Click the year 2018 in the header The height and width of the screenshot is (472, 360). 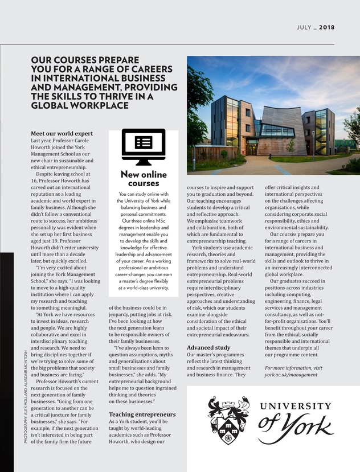326,27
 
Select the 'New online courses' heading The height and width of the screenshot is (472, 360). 143,179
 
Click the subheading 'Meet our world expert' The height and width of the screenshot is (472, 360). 62,134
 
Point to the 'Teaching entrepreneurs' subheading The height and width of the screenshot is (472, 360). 142,414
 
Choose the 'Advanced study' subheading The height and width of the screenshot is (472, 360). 208,347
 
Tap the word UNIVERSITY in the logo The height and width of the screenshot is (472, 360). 296,406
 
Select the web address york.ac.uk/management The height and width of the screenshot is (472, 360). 291,375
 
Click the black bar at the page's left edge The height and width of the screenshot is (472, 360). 6,364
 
